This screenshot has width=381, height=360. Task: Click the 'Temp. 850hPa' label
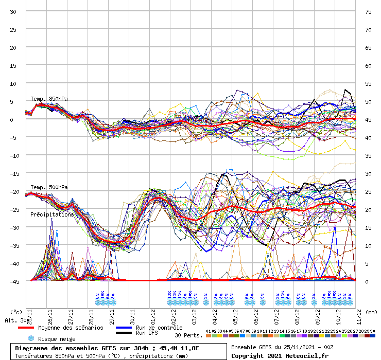[49, 99]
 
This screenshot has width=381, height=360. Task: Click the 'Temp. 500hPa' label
[49, 187]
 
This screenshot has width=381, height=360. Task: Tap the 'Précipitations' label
[51, 214]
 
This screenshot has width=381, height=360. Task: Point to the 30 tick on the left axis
[13, 12]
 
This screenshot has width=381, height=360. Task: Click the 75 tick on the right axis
[368, 12]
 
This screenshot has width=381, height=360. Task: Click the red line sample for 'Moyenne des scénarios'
[26, 328]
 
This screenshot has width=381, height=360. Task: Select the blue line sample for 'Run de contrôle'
[125, 328]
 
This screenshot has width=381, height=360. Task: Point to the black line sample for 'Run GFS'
[125, 333]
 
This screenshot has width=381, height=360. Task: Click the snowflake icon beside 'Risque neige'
[30, 338]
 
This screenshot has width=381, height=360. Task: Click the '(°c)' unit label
[16, 312]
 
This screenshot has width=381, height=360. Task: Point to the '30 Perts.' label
[187, 335]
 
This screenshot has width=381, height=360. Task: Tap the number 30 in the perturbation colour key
[372, 331]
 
